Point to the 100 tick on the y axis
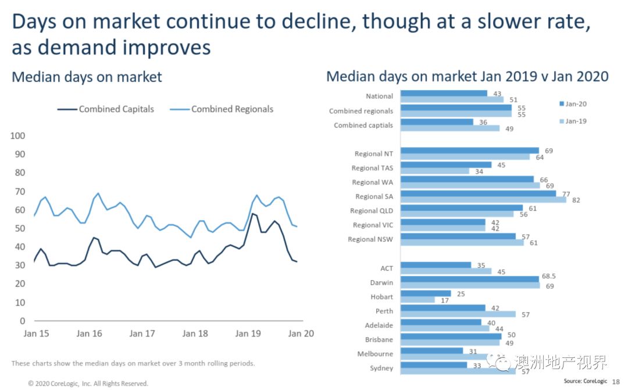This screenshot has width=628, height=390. (x=18, y=136)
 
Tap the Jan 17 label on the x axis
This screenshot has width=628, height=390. (x=142, y=334)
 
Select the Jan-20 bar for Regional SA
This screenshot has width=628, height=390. (x=478, y=193)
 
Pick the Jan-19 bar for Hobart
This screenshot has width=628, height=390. (x=418, y=300)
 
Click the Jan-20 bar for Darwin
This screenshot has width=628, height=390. (x=470, y=279)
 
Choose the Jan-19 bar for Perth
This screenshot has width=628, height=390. (x=458, y=314)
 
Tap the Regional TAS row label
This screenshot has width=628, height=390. (x=372, y=168)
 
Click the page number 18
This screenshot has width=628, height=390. (x=616, y=382)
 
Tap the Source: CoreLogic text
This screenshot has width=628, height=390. (x=585, y=382)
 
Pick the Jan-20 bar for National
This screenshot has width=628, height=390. (x=444, y=93)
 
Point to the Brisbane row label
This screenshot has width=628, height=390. (x=379, y=339)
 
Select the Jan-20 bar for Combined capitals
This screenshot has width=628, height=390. (x=437, y=122)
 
